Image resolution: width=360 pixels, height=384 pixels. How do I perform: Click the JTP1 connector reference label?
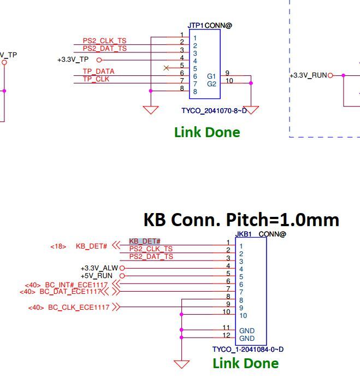196,25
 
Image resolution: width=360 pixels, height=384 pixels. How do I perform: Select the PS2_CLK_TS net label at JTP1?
104,41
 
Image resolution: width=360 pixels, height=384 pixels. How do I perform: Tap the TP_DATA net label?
98,72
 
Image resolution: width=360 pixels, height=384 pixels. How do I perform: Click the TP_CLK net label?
96,79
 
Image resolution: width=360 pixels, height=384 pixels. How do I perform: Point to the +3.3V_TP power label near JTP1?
73,60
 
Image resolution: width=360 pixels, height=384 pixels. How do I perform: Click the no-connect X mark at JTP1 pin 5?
166,68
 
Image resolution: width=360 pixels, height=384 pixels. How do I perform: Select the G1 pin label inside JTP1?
211,76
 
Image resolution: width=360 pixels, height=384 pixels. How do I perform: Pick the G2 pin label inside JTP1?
211,84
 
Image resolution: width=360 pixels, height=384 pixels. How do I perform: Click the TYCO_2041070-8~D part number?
214,111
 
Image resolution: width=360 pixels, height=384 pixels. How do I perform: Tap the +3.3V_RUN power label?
309,75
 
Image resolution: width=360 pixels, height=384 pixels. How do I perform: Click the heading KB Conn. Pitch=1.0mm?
241,220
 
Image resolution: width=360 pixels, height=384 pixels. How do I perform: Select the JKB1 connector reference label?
243,234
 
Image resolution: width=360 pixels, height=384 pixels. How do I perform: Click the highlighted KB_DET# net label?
145,241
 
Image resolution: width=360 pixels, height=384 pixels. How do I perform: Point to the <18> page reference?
58,246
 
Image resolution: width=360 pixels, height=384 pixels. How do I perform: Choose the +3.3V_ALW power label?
99,268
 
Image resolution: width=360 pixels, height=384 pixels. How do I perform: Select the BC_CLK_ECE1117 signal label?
79,308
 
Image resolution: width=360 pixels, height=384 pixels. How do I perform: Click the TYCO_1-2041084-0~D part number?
247,350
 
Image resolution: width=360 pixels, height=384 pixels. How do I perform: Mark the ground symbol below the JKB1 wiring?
181,364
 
